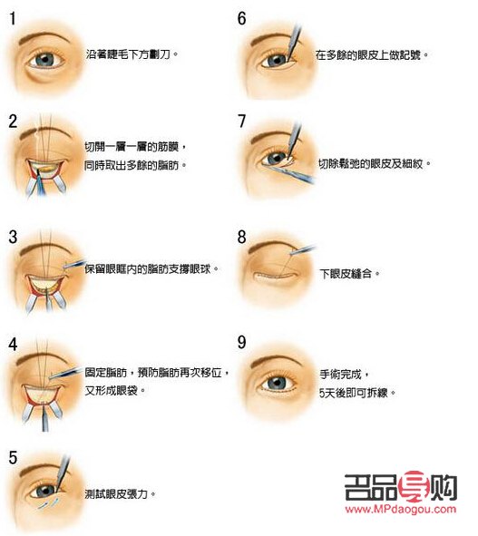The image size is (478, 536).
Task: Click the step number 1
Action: pyautogui.click(x=12, y=17)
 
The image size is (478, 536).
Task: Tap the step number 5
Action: pyautogui.click(x=13, y=455)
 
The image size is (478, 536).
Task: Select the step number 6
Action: pyautogui.click(x=241, y=17)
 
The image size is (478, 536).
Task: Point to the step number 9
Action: pyautogui.click(x=241, y=342)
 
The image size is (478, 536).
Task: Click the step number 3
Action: pyautogui.click(x=13, y=238)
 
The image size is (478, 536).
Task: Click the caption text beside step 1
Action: pyautogui.click(x=132, y=54)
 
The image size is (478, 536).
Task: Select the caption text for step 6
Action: pyautogui.click(x=371, y=54)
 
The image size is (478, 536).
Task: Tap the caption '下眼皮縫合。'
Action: pyautogui.click(x=351, y=271)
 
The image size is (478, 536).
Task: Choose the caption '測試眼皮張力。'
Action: pyautogui.click(x=120, y=494)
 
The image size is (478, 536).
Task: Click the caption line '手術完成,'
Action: pyautogui.click(x=341, y=373)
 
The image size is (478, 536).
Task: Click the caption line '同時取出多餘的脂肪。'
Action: pyautogui.click(x=141, y=166)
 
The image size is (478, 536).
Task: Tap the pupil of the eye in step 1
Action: pyautogui.click(x=45, y=60)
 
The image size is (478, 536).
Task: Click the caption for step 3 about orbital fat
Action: pyautogui.click(x=152, y=269)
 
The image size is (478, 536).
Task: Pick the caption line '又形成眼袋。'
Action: pyautogui.click(x=117, y=390)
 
